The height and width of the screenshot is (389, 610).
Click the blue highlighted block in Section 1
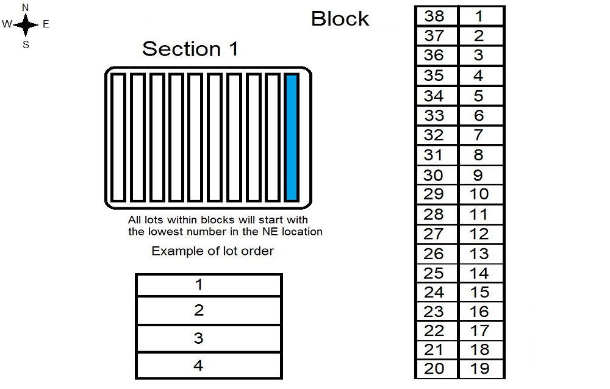pyautogui.click(x=292, y=137)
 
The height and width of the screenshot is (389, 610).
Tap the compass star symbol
pyautogui.click(x=26, y=25)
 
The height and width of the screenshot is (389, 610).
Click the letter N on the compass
pyautogui.click(x=25, y=7)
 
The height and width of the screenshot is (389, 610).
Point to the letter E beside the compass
pyautogui.click(x=46, y=24)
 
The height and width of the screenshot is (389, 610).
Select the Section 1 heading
pyautogui.click(x=190, y=49)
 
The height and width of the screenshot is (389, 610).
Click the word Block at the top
pyautogui.click(x=340, y=19)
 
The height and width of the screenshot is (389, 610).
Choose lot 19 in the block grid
pyautogui.click(x=481, y=368)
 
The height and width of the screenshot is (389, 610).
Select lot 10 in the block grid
pyautogui.click(x=481, y=194)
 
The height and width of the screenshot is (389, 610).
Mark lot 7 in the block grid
pyautogui.click(x=481, y=135)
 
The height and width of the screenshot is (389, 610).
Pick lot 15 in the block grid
pyautogui.click(x=481, y=292)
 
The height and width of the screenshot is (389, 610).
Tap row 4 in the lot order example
pyautogui.click(x=209, y=365)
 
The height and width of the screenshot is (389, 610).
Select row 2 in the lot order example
pyautogui.click(x=209, y=310)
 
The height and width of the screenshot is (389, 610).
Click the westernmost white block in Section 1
pyautogui.click(x=118, y=137)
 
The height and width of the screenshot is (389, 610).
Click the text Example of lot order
pyautogui.click(x=212, y=251)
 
